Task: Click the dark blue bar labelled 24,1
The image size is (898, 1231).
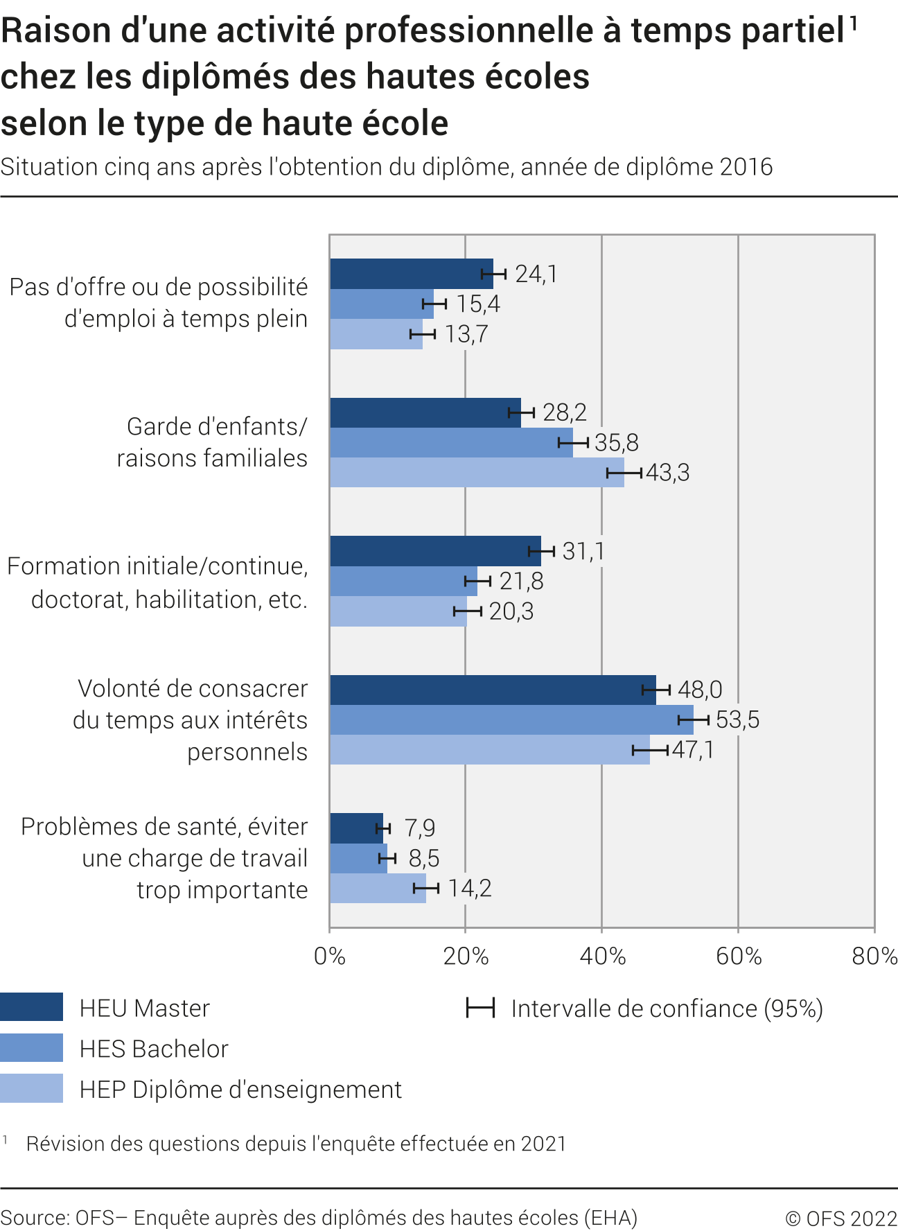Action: tap(411, 274)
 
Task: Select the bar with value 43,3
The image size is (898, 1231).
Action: tap(477, 473)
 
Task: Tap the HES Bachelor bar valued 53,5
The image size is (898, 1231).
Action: tap(511, 719)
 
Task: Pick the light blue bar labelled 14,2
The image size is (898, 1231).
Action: tap(378, 889)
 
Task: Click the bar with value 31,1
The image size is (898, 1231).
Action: tap(435, 551)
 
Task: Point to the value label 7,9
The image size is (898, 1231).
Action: tap(420, 828)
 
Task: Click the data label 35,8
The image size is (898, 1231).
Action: tap(617, 442)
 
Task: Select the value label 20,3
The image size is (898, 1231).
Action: tap(511, 611)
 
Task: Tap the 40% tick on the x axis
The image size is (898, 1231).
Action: tap(602, 957)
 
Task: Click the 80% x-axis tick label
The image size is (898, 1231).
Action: tap(874, 957)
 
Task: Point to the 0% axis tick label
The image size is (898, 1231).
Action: tap(330, 957)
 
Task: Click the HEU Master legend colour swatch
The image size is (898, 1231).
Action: tap(31, 1007)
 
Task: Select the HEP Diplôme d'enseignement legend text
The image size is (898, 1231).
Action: tap(240, 1090)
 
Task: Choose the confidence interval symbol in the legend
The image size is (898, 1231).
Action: tap(480, 1009)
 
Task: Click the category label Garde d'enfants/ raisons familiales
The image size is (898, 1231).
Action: tap(212, 442)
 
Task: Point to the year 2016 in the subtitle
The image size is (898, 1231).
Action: tap(746, 167)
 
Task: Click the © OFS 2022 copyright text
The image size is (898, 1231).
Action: tap(840, 1218)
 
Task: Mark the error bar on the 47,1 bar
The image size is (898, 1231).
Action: tap(650, 750)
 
